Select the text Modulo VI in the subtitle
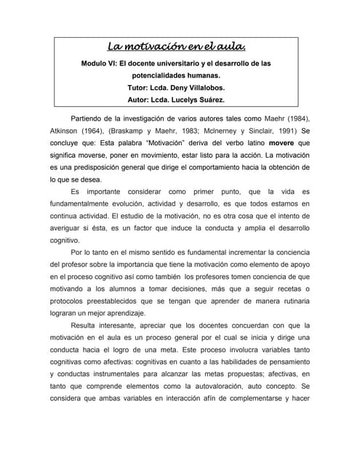[100, 64]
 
